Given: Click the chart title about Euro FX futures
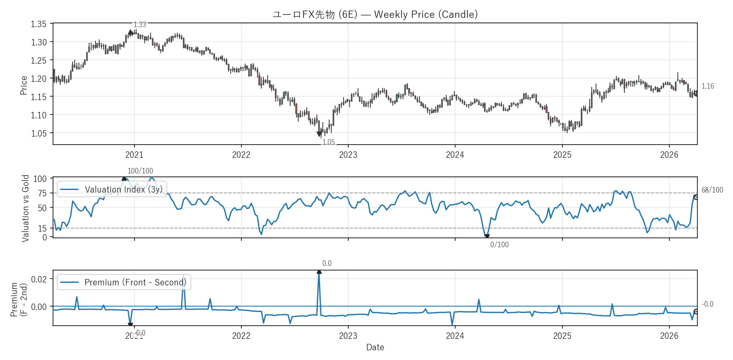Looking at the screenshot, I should [375, 14].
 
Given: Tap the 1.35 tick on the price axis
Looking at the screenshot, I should [39, 24].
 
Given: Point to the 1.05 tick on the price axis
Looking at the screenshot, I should [39, 134].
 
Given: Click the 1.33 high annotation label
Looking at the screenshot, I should [140, 25].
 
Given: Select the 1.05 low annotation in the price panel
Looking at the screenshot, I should [329, 142].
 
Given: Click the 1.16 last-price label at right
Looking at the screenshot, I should [708, 87].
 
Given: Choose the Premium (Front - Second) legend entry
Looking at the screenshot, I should [124, 282].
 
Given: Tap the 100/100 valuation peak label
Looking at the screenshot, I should [140, 171].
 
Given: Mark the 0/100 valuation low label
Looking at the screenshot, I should [499, 245].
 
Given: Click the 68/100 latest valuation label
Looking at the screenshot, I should [712, 190].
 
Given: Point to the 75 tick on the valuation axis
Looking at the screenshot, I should [42, 193].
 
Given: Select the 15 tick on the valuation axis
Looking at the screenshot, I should [42, 229].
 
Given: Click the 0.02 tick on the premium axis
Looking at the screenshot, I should [39, 279].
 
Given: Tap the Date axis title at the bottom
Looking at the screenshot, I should [375, 347].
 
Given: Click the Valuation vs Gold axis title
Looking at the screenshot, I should [25, 208].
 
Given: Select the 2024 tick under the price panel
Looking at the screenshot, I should [455, 155].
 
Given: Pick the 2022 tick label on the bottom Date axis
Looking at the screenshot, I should [241, 336].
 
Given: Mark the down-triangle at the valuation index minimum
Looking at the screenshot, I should [487, 237].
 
